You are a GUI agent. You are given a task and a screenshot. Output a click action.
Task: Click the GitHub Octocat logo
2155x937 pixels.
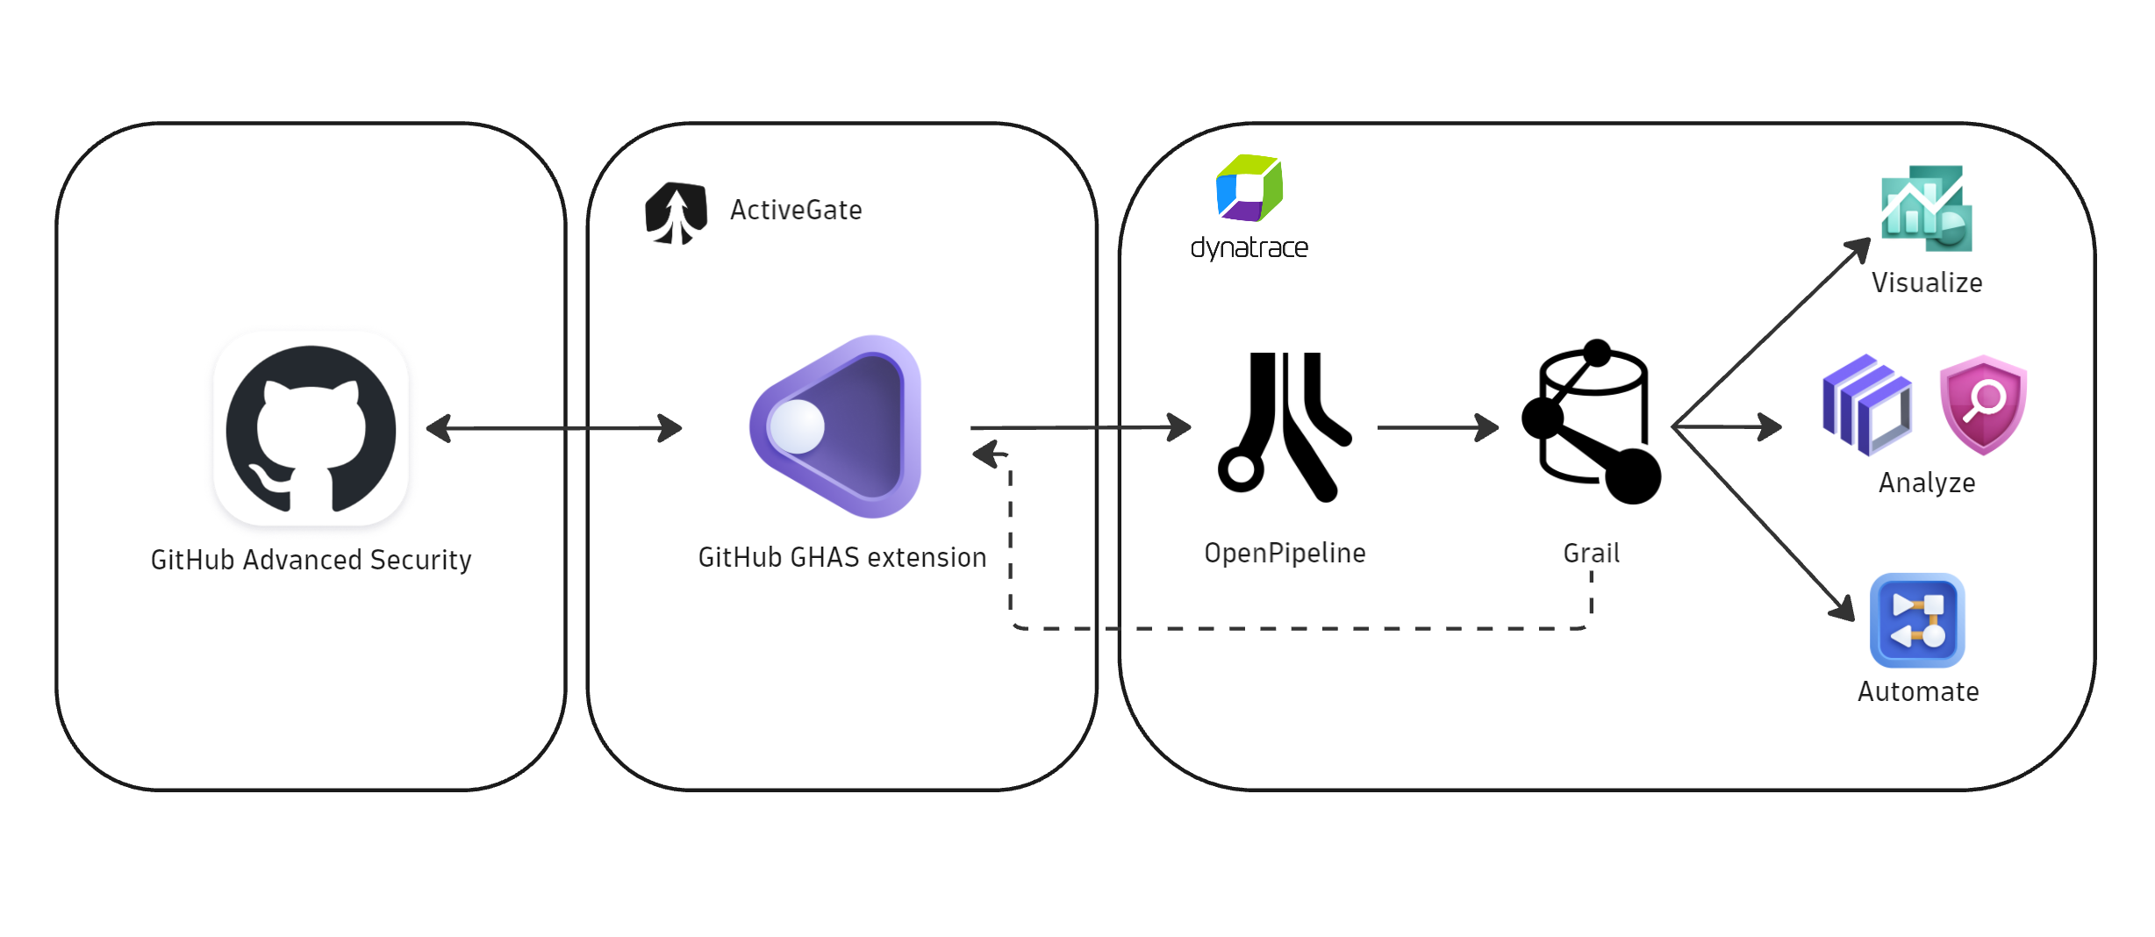[x=311, y=428]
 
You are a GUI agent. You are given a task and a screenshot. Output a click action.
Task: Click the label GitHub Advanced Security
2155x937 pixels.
[x=311, y=560]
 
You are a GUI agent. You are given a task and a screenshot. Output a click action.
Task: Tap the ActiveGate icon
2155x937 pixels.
[x=676, y=212]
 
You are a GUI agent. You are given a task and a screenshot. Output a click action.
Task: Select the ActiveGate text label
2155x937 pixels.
[x=796, y=211]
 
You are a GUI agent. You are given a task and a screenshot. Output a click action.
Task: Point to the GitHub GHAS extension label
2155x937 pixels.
[x=841, y=557]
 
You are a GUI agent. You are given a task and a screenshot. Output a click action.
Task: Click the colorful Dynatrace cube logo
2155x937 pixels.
[x=1249, y=188]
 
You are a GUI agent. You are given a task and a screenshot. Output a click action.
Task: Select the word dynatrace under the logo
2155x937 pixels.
[x=1249, y=248]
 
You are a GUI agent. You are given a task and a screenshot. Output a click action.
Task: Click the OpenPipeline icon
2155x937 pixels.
[x=1285, y=426]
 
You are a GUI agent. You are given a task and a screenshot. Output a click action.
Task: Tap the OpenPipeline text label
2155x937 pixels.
[x=1285, y=553]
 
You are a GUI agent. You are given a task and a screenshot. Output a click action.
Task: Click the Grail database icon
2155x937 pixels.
[x=1592, y=423]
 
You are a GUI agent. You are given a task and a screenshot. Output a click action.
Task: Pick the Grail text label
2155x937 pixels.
[x=1591, y=553]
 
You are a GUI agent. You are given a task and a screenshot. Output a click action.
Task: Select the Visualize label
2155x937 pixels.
[x=1927, y=283]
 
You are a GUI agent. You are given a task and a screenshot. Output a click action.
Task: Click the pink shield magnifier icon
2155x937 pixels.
[x=1983, y=404]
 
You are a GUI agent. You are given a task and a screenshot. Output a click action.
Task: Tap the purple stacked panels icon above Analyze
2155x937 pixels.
[x=1866, y=404]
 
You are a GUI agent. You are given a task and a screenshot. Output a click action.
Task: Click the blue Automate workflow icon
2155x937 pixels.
[x=1917, y=620]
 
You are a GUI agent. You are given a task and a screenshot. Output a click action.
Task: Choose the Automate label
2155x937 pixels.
[x=1918, y=691]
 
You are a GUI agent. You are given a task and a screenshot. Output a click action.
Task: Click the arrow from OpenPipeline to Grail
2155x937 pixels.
[x=1437, y=427]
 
